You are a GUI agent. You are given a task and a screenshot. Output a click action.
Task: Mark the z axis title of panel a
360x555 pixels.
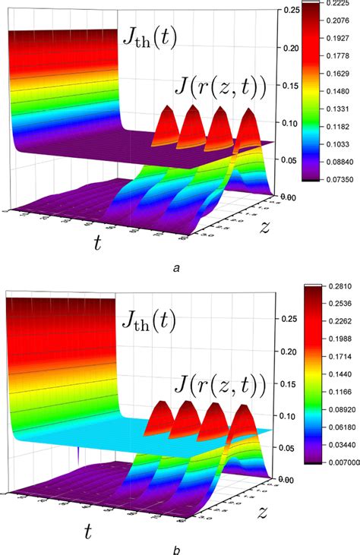(264, 225)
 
